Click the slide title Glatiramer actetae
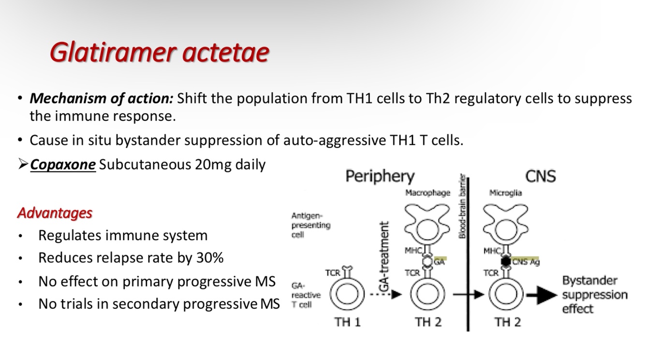[159, 52]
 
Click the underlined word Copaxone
[62, 165]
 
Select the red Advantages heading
[55, 213]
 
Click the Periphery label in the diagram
[380, 176]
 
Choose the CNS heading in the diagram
[540, 176]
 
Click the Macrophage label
[427, 193]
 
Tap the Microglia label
[505, 193]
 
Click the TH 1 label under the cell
[347, 321]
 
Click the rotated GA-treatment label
[384, 256]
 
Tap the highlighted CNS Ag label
[526, 262]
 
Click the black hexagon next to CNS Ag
[506, 261]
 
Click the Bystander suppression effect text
[594, 294]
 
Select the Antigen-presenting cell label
[310, 225]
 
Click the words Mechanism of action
[101, 99]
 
